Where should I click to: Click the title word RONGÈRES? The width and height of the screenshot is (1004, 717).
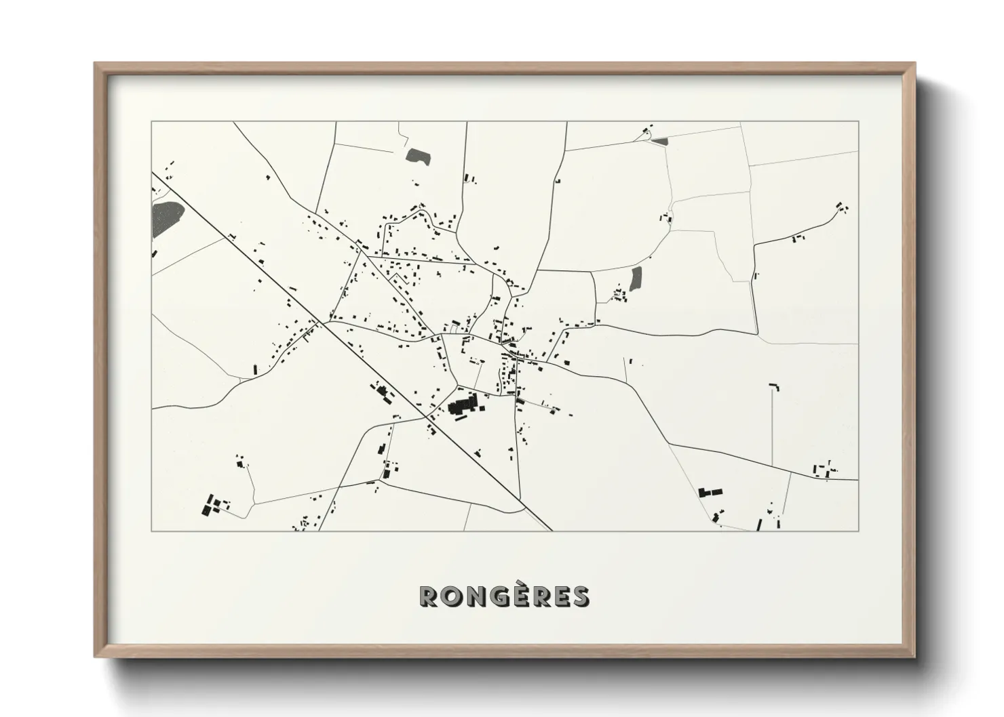tap(505, 596)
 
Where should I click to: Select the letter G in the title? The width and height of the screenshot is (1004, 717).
tap(501, 596)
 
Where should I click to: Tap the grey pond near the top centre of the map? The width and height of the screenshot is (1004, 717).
tap(419, 156)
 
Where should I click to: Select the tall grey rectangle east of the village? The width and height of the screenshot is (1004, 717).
tap(636, 278)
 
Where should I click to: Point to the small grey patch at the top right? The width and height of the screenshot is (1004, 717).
tap(660, 141)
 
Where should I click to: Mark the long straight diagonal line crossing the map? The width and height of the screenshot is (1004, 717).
tap(353, 352)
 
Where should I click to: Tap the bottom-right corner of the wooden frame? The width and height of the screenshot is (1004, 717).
tap(914, 656)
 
